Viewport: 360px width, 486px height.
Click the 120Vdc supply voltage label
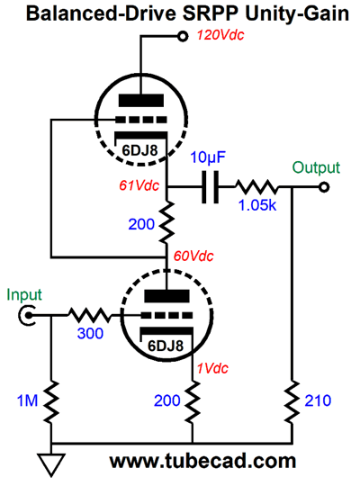pyautogui.click(x=220, y=35)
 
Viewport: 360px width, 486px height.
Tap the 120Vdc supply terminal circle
pyautogui.click(x=183, y=37)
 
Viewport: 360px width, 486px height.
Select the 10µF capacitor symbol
pyautogui.click(x=211, y=187)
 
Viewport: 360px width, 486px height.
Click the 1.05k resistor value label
pyautogui.click(x=257, y=205)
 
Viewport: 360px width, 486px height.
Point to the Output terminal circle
pyautogui.click(x=324, y=187)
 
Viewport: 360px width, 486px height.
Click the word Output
pyautogui.click(x=316, y=167)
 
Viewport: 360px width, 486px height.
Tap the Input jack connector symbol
pyautogui.click(x=26, y=316)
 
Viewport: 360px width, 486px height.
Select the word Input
pyautogui.click(x=24, y=294)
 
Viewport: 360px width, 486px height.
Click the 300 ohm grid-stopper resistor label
pyautogui.click(x=90, y=334)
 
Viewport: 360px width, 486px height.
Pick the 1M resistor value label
pyautogui.click(x=27, y=400)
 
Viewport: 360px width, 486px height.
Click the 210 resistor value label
pyautogui.click(x=318, y=400)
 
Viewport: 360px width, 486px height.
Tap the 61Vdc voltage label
pyautogui.click(x=139, y=185)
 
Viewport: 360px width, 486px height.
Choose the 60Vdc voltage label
pyautogui.click(x=193, y=256)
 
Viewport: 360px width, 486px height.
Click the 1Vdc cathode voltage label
pyautogui.click(x=212, y=368)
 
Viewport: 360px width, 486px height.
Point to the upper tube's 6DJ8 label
pyautogui.click(x=139, y=150)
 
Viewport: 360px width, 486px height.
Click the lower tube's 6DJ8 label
pyautogui.click(x=166, y=346)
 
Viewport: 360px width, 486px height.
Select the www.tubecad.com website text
pyautogui.click(x=202, y=461)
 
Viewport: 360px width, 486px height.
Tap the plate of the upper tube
pyautogui.click(x=141, y=101)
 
